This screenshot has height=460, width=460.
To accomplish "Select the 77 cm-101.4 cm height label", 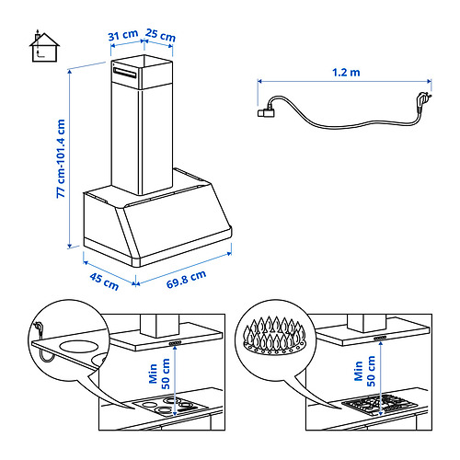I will (x=60, y=158).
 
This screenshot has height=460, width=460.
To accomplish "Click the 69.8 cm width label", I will (x=186, y=278).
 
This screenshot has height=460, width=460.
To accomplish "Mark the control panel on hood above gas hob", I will (x=379, y=344).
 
